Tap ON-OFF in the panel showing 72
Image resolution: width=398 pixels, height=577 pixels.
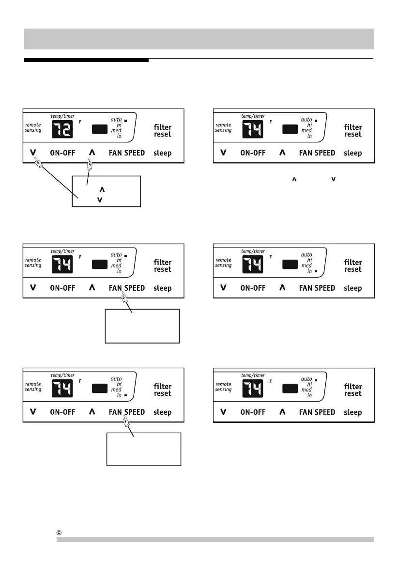coord(63,153)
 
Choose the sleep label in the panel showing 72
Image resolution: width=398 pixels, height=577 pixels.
coord(162,153)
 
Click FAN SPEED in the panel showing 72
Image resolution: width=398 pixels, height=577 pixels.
coord(127,153)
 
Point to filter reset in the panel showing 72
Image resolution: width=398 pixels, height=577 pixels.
coord(163,131)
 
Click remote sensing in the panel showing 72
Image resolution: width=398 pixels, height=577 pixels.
coord(33,127)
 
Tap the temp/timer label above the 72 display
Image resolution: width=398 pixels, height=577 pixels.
coord(62,116)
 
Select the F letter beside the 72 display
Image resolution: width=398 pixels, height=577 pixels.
coord(80,122)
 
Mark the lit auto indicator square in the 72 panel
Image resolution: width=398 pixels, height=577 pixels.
coord(125,120)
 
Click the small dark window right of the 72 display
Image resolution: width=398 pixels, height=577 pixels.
coord(99,129)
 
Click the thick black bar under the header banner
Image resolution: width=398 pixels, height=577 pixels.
coord(86,61)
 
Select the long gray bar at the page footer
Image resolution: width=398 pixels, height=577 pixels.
coord(215,539)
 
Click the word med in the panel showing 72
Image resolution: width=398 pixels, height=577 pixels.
coord(116,131)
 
